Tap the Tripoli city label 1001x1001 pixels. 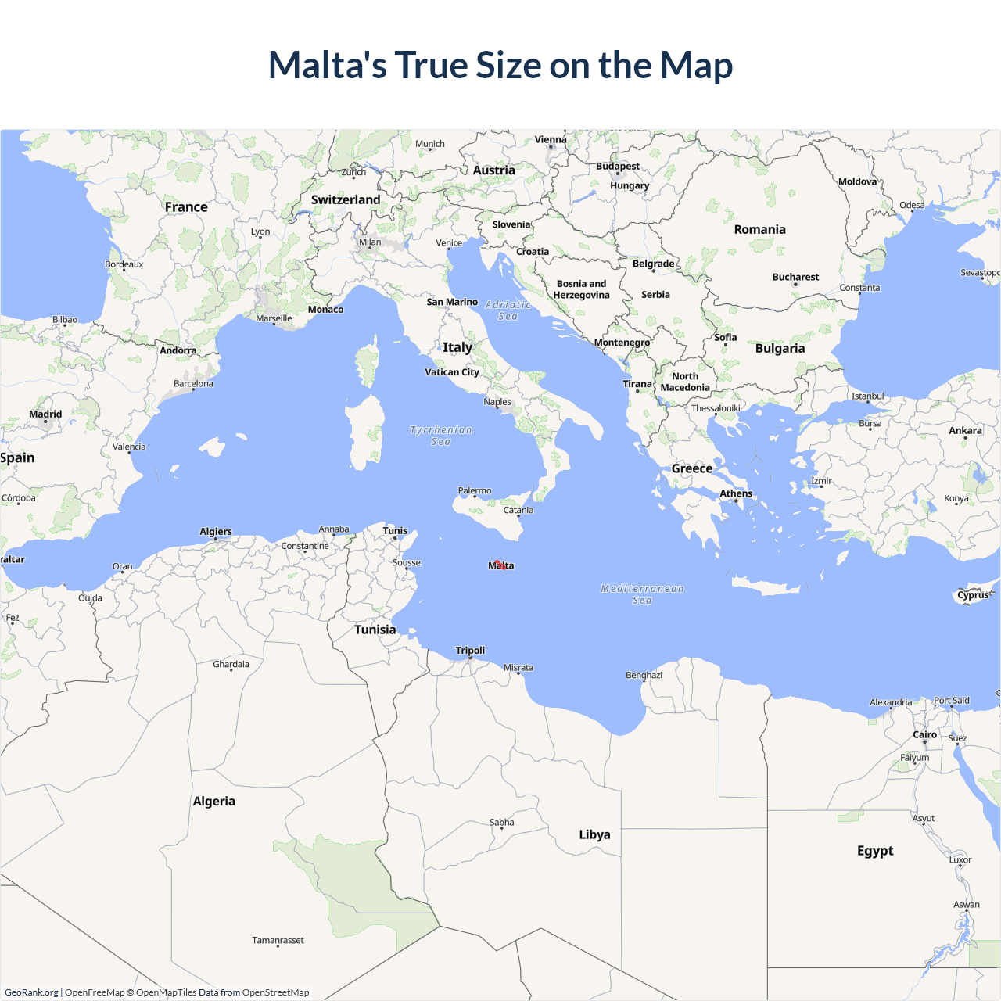click(x=470, y=651)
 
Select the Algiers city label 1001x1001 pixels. click(x=216, y=532)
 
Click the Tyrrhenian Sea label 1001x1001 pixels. click(x=441, y=436)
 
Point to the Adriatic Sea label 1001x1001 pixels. click(x=508, y=310)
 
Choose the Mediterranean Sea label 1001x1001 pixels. click(x=642, y=594)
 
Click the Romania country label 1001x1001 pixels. click(x=759, y=230)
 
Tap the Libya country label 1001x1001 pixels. click(x=594, y=834)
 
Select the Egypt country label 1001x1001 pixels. click(x=875, y=851)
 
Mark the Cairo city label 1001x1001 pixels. click(x=924, y=735)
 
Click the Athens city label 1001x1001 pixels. click(x=736, y=493)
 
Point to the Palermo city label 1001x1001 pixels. click(x=475, y=491)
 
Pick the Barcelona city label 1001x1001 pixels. click(x=193, y=384)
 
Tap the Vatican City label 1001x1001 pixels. click(x=451, y=372)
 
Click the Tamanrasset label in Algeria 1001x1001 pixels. click(x=278, y=941)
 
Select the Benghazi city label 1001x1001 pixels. click(x=644, y=675)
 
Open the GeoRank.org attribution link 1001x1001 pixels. click(x=31, y=992)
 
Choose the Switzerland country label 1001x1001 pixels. click(x=346, y=200)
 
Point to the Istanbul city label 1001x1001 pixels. click(x=867, y=396)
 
